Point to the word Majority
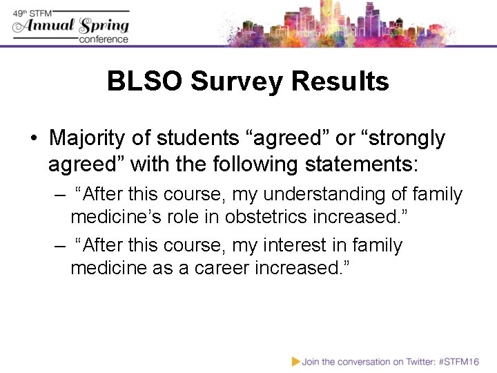point(88,138)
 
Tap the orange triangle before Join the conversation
point(295,361)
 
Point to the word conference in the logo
point(104,39)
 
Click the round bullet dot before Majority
point(33,139)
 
